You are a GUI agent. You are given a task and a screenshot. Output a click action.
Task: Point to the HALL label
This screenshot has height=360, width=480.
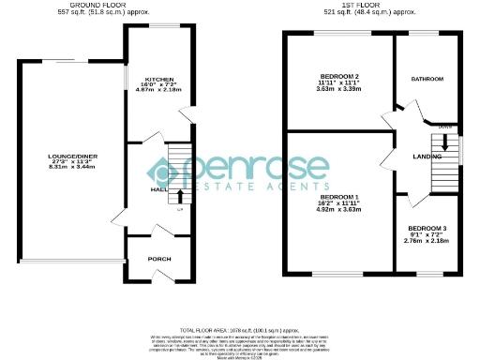point(158,188)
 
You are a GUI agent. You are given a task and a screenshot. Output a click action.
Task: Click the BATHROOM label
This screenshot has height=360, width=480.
point(427,80)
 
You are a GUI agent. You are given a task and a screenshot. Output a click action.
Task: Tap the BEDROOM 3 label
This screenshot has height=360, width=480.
point(426,228)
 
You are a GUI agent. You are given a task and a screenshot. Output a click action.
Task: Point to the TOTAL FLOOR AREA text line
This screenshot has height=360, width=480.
point(240,331)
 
